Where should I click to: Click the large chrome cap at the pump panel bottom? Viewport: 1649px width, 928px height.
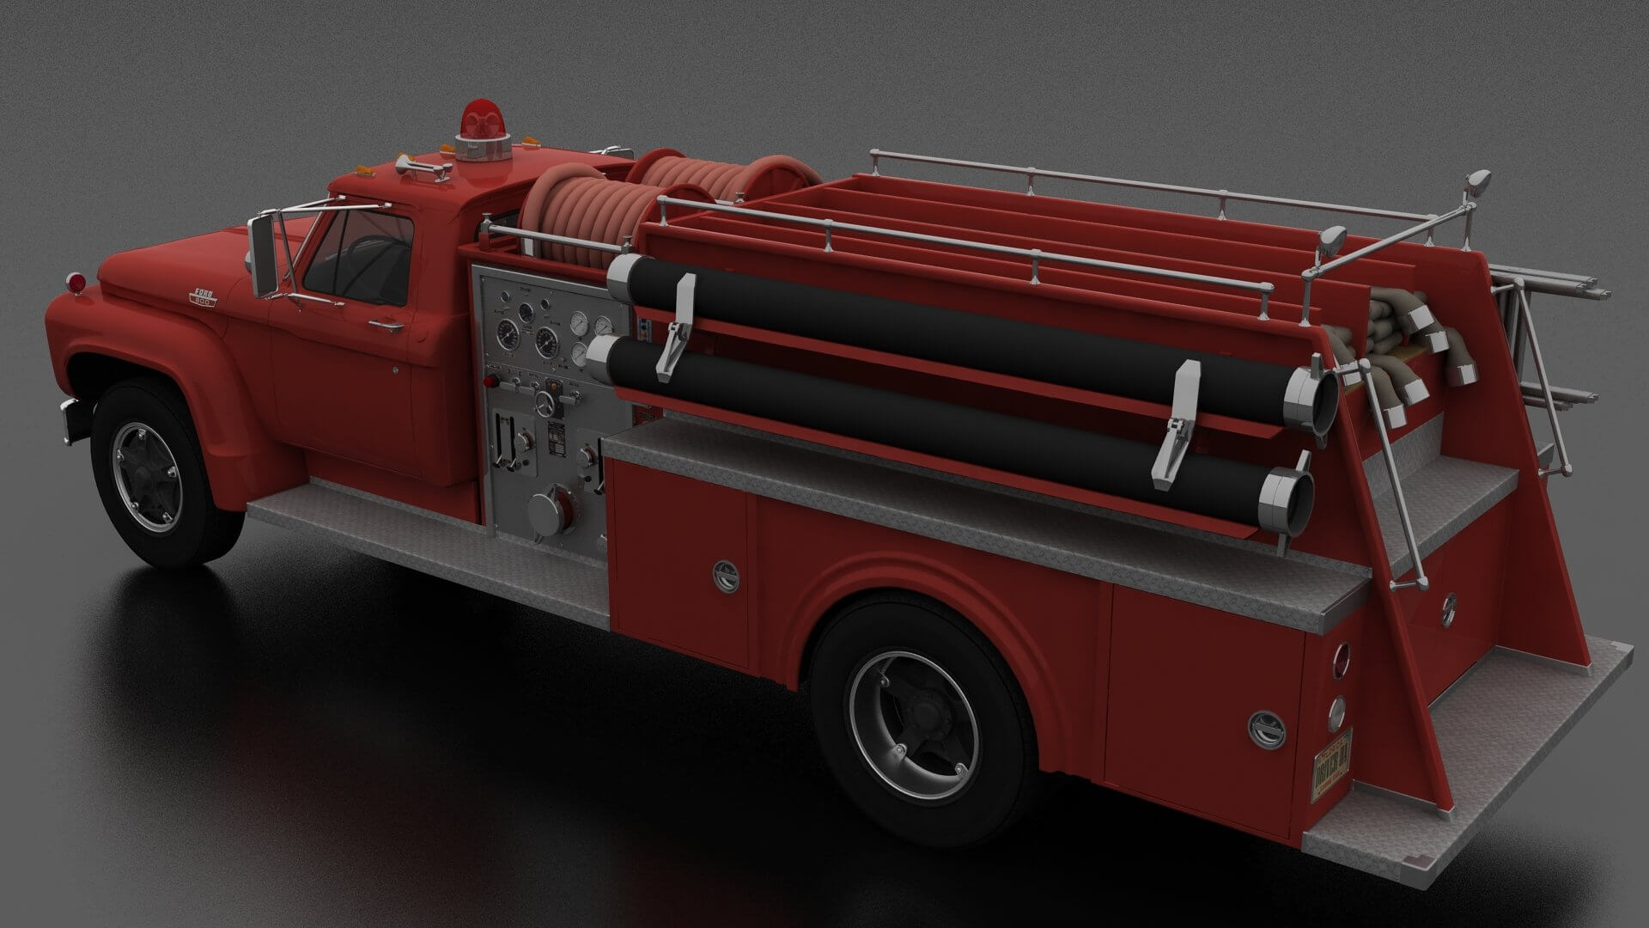coord(547,513)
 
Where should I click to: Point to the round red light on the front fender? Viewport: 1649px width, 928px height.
coord(76,281)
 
